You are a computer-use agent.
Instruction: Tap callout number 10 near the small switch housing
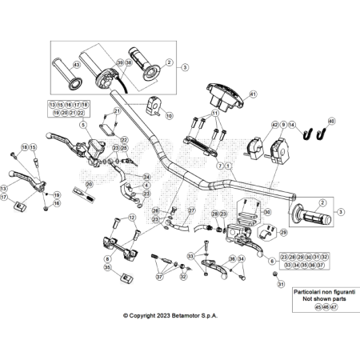coord(169,116)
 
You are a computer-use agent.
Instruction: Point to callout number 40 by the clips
coord(332,121)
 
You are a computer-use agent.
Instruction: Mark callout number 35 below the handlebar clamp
coord(106,267)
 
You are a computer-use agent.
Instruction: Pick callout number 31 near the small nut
coord(281,284)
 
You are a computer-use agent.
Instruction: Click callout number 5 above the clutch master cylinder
coord(82,126)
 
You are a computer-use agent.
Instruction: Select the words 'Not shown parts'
coord(311,298)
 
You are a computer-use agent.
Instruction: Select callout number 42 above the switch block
coord(273,124)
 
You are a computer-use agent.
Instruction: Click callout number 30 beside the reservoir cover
coord(268,212)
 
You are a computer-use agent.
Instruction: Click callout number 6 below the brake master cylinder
coord(273,261)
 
